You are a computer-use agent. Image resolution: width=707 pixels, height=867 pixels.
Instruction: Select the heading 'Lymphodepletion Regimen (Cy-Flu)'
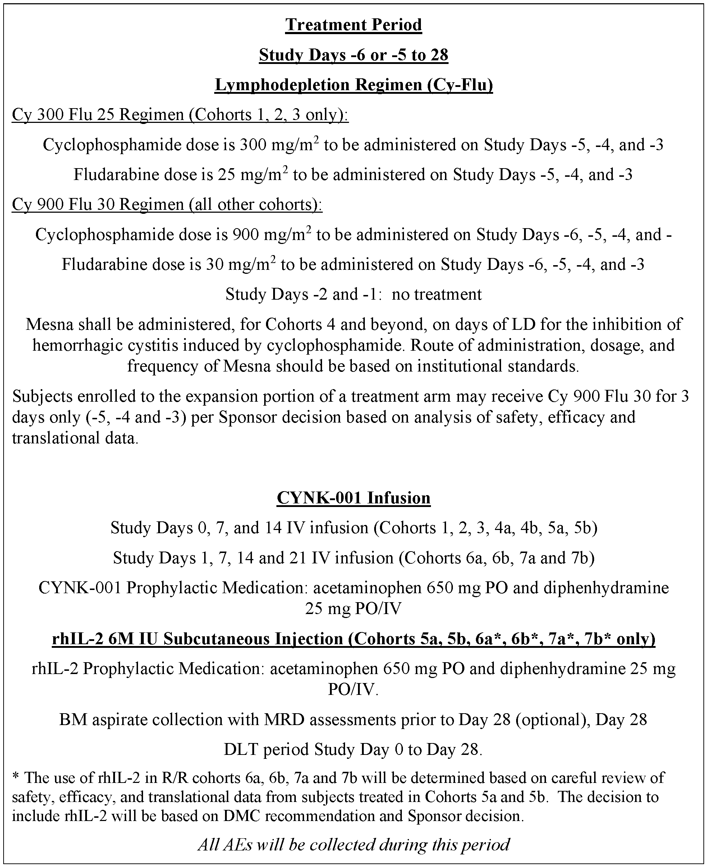click(354, 85)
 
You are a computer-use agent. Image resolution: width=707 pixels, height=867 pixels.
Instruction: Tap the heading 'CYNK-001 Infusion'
click(354, 498)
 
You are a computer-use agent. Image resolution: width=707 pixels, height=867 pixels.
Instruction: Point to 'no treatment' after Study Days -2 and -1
click(437, 294)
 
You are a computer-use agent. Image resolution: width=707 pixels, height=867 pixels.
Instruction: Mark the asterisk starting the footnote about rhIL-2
click(16, 778)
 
